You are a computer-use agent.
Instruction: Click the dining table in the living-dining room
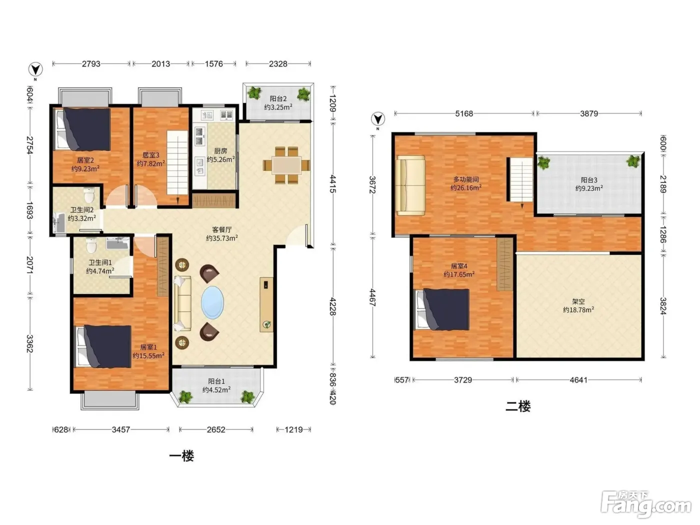[x=286, y=165]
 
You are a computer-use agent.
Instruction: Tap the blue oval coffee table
[x=212, y=302]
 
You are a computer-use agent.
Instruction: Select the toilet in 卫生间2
[x=89, y=195]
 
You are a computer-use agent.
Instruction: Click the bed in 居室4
[x=442, y=309]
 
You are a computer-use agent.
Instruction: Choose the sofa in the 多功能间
[x=411, y=185]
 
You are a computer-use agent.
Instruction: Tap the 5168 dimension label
[x=464, y=113]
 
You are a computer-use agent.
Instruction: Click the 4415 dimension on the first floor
[x=332, y=183]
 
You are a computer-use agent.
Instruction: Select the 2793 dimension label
[x=91, y=64]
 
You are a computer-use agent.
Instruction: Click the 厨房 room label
[x=220, y=151]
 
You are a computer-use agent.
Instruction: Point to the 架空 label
[x=578, y=301]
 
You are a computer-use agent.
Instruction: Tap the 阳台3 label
[x=589, y=180]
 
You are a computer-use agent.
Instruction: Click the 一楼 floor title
[x=181, y=456]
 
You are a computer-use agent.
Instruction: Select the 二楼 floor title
[x=518, y=406]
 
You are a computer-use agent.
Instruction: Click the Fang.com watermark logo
[x=646, y=504]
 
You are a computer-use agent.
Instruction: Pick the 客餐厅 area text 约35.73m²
[x=222, y=238]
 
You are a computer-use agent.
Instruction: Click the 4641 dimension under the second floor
[x=578, y=380]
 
